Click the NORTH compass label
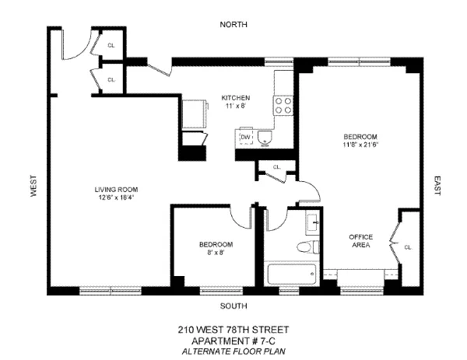coord(233,24)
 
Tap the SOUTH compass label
coord(233,305)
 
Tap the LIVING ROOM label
coord(116,189)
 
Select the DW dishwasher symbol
coord(246,138)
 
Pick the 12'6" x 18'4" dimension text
coord(116,197)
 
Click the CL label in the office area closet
coord(407,247)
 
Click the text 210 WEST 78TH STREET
coord(233,330)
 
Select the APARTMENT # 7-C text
coord(233,340)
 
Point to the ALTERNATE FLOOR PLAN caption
coord(233,350)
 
